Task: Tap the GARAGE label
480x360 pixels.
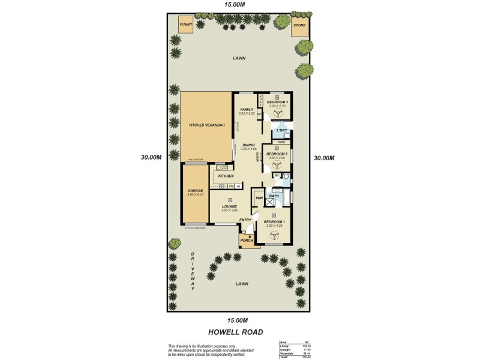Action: pyautogui.click(x=195, y=191)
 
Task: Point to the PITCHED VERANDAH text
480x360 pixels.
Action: pyautogui.click(x=206, y=125)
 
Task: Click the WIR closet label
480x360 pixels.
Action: pyautogui.click(x=260, y=199)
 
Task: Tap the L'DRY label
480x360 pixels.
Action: pyautogui.click(x=281, y=130)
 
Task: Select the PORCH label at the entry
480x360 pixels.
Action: pyautogui.click(x=247, y=241)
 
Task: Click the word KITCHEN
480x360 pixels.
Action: pyautogui.click(x=226, y=176)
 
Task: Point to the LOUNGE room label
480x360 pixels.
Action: pyautogui.click(x=230, y=206)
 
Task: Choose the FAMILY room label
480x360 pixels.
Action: pyautogui.click(x=247, y=109)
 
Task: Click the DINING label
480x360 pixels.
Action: pyautogui.click(x=248, y=145)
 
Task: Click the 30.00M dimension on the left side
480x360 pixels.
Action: pyautogui.click(x=152, y=158)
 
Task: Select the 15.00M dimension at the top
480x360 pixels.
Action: pyautogui.click(x=235, y=4)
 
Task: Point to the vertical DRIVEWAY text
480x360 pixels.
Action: pyautogui.click(x=193, y=272)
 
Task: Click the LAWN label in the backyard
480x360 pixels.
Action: pyautogui.click(x=240, y=58)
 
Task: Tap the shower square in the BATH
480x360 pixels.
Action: pyautogui.click(x=275, y=202)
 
